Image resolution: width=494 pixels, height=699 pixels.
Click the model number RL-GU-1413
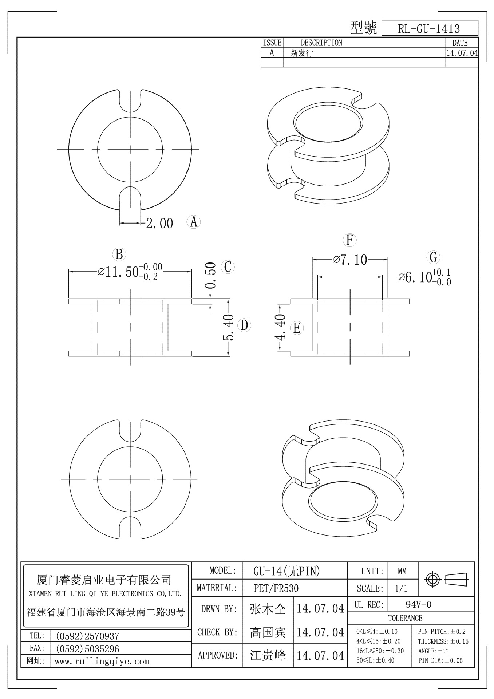point(429,28)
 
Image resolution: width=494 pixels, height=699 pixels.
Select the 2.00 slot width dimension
point(159,223)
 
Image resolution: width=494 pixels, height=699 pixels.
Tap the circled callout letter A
point(194,221)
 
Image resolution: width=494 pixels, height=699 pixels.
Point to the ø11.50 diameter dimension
point(130,272)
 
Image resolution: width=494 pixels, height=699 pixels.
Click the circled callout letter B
point(119,254)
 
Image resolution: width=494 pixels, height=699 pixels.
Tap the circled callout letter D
point(244,325)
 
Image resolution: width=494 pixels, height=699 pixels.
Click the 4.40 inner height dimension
point(281,327)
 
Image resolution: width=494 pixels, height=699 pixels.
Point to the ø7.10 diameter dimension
point(350,260)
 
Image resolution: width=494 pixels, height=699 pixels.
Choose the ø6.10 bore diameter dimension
point(424,277)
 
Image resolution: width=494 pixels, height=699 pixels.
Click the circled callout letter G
point(433,257)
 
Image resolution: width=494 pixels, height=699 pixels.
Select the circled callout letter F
point(350,240)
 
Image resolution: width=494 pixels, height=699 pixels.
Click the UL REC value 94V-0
point(418,604)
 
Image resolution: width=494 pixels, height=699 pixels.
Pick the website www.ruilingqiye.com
point(102,662)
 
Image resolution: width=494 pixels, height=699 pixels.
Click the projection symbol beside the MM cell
point(447,578)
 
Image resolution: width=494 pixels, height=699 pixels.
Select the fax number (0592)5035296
point(87,649)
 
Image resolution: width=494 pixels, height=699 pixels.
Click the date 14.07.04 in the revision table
point(462,53)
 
